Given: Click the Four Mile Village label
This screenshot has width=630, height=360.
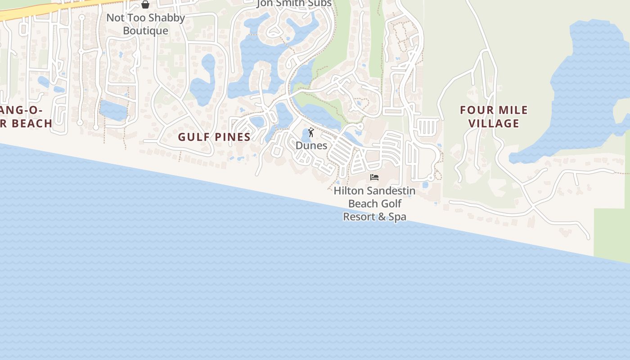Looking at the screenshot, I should pos(494,117).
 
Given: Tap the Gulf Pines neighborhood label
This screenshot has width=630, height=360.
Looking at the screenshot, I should pos(214,137).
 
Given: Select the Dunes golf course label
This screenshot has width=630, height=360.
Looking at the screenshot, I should pos(311,146).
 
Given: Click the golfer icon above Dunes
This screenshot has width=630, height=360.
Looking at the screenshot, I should pos(311,133).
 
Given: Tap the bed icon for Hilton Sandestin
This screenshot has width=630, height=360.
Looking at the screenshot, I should pos(374,177).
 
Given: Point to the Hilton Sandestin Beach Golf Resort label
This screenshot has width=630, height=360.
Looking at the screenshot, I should pos(374,203).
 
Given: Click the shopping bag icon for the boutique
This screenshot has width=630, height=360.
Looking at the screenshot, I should pos(145,4).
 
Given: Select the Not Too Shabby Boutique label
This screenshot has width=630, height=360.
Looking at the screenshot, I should pos(145,24).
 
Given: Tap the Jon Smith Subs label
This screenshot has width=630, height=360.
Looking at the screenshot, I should pos(294,4).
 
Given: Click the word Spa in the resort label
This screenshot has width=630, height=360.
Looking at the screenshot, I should pos(397,217).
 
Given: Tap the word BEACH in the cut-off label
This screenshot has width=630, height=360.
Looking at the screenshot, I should pos(31,123).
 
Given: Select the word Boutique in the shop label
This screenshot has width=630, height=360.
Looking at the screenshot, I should pos(145,31).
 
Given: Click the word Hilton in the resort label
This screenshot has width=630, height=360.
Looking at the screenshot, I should pos(347,191).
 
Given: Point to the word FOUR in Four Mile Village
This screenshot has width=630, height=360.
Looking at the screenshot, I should pos(474,110).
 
